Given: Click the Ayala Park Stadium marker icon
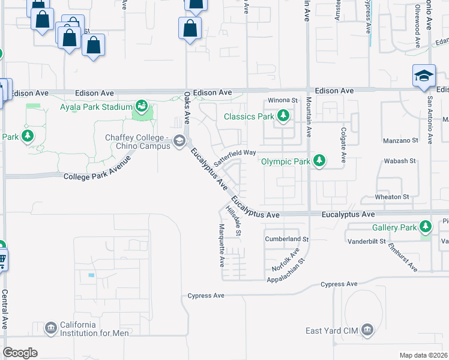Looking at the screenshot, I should coord(142,107).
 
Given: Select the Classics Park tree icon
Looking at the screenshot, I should coord(283,116).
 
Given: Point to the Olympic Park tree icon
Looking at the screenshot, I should coord(320,161).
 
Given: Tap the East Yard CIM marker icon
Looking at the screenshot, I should coord(367,331).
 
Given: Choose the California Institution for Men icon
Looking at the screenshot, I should coord(50,328).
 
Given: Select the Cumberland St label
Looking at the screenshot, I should coord(286,239).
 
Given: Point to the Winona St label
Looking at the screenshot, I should coord(283,100).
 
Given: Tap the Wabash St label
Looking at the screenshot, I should coord(400,161).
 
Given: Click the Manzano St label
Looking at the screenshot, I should coord(400,140).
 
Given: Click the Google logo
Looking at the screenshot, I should coord(20,352).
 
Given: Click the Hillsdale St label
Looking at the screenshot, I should coord(234,221).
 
